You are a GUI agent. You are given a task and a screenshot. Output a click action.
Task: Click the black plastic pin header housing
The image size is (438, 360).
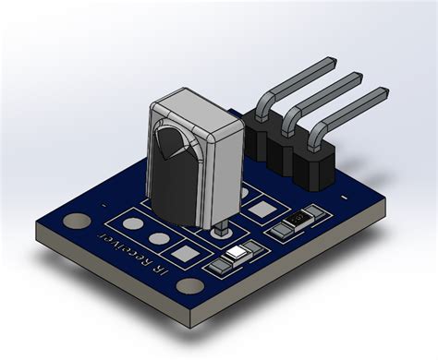point(286,152)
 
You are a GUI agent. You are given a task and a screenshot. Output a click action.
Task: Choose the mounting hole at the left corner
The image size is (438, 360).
point(78,222)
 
